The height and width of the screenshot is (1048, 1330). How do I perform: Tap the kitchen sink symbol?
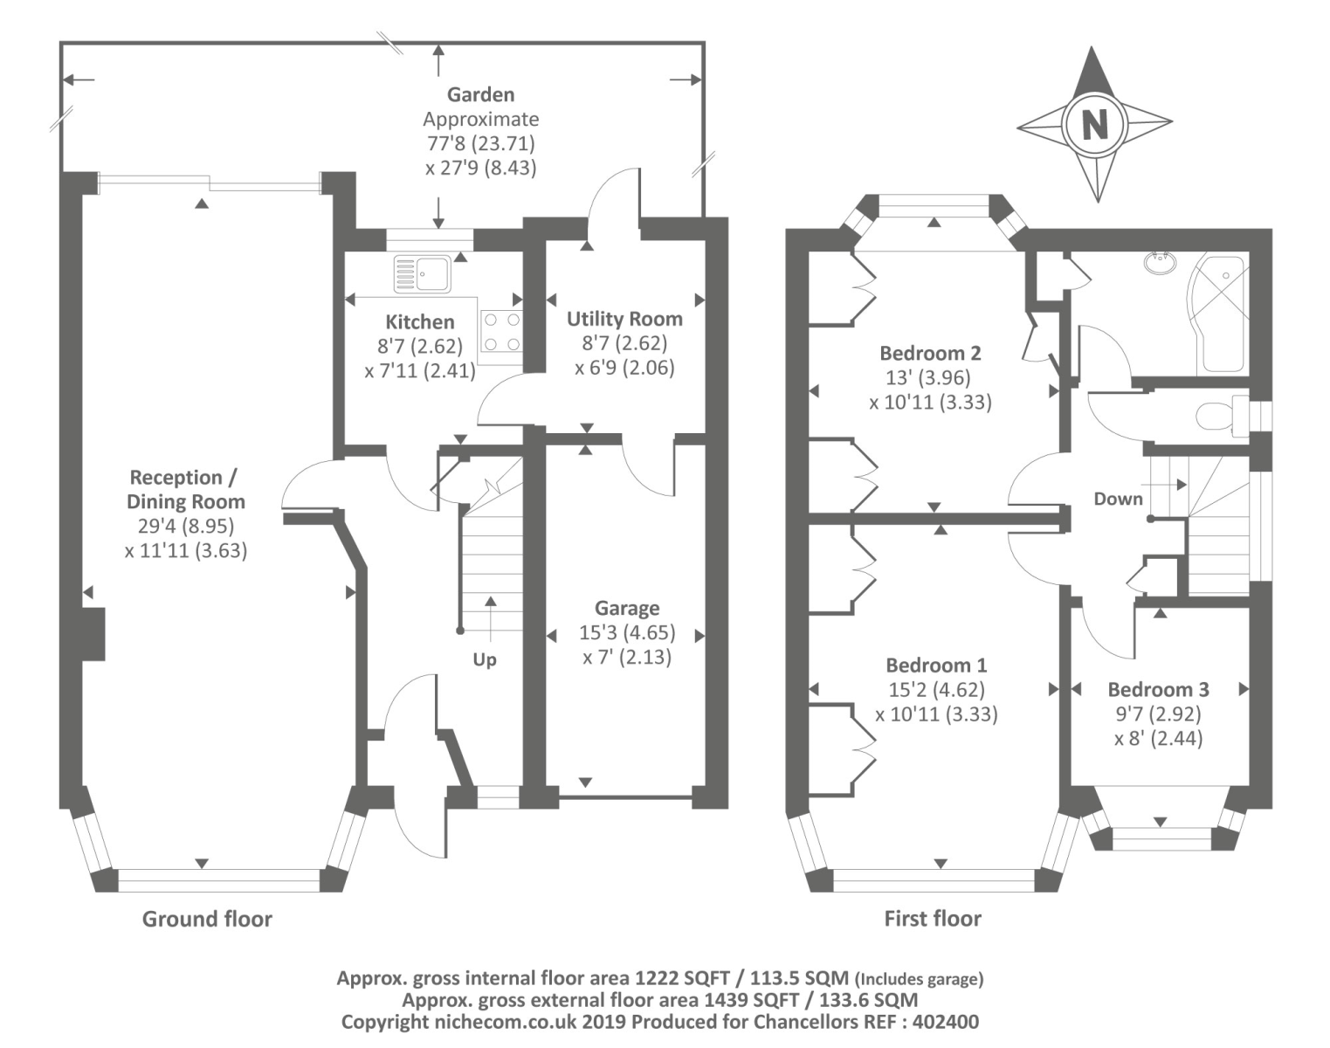[x=422, y=272]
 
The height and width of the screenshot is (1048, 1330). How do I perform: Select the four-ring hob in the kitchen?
[x=501, y=332]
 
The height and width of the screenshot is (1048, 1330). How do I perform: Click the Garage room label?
[x=627, y=608]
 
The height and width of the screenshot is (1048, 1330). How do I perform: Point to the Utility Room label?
[x=624, y=319]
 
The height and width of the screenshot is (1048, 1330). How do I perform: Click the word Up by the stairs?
[x=485, y=659]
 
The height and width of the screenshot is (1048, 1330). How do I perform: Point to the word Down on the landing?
[x=1118, y=499]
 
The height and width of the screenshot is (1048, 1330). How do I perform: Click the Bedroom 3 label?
[x=1158, y=689]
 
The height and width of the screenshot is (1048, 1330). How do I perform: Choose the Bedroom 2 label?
[x=930, y=353]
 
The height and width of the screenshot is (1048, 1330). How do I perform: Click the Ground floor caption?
[x=207, y=919]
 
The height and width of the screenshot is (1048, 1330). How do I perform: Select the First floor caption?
[x=933, y=919]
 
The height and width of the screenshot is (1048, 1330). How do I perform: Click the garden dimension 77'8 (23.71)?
[x=480, y=143]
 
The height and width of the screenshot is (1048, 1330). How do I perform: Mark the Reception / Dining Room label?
[x=185, y=489]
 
